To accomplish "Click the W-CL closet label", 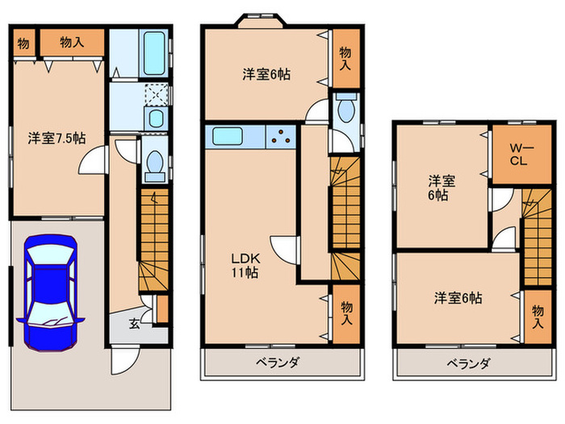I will point(517,153).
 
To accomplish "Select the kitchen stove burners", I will point(283,137).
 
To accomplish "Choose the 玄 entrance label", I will point(135,325).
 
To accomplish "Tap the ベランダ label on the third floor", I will point(468,363).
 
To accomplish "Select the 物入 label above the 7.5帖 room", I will point(72,42).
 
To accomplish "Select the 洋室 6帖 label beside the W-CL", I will point(439,187).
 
